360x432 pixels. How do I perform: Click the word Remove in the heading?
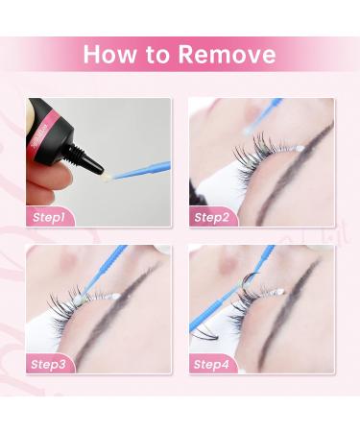point(227,54)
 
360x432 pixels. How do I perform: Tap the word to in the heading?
point(156,55)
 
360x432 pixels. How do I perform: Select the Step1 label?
point(49,218)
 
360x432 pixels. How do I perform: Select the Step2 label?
point(212,218)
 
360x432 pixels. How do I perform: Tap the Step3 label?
point(48,364)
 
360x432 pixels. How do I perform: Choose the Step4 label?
point(211,364)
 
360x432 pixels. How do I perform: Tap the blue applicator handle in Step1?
point(142,169)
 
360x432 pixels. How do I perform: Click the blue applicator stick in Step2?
point(264,115)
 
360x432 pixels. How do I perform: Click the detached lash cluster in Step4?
point(204,334)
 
